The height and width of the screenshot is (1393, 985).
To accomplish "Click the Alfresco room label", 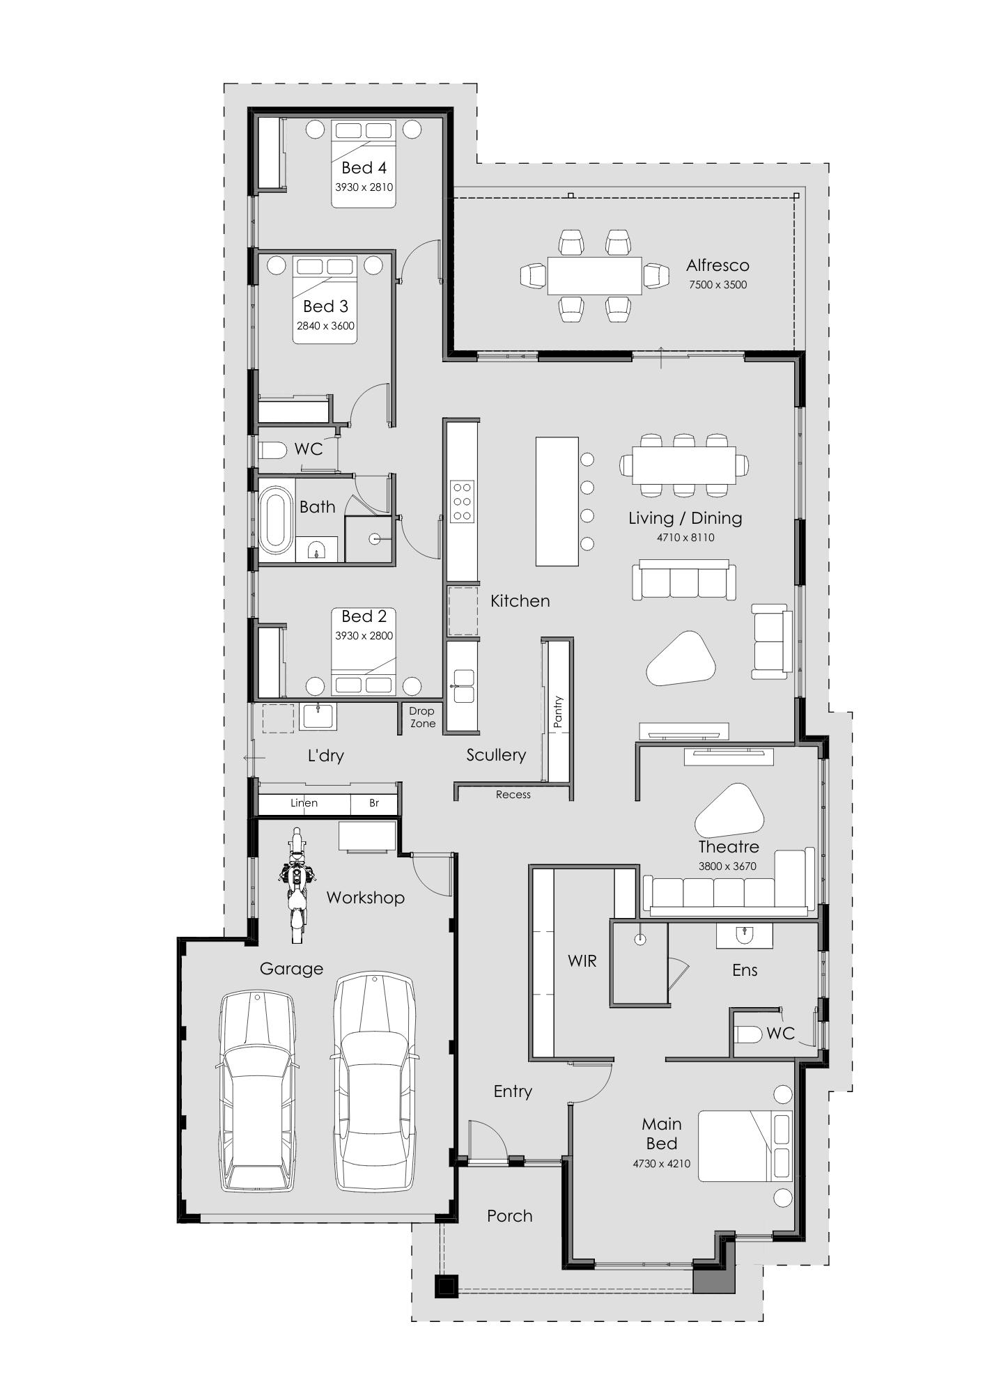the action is (718, 265).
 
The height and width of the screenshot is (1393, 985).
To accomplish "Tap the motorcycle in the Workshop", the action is (297, 885).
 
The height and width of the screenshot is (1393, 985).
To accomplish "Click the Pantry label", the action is (557, 712).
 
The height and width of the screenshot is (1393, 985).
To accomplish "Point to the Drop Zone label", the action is (422, 717).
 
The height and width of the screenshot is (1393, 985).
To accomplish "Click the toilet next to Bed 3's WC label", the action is (272, 451).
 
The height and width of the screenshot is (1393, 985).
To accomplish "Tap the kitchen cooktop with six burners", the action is (462, 501).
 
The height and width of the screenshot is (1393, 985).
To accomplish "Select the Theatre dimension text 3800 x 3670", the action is (727, 866).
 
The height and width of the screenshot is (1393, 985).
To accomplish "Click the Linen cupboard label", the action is (304, 803).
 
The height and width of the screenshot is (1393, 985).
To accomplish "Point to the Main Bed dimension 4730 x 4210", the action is (662, 1164).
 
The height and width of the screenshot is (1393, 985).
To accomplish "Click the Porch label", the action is (510, 1216).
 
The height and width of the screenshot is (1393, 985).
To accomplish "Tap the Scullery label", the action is (496, 755).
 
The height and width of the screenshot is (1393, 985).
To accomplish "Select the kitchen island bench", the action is (557, 501).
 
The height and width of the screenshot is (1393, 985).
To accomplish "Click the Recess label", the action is (513, 795).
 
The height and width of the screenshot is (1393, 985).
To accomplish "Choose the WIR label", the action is (582, 961).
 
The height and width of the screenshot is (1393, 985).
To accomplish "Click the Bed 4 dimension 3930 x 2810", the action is (364, 187).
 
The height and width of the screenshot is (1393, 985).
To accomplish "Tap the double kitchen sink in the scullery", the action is (463, 685).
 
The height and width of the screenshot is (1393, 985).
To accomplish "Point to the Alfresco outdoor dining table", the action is (594, 276).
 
